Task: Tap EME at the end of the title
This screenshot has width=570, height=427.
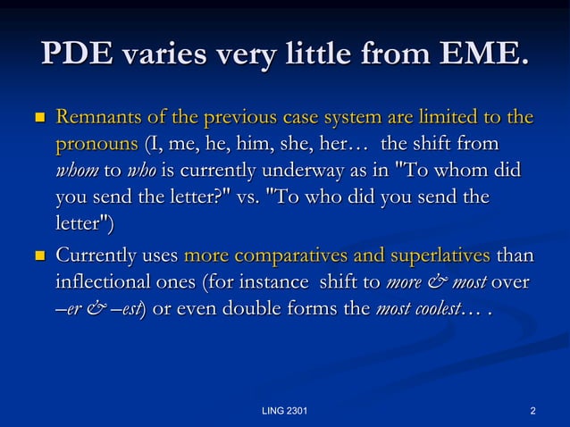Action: click(484, 54)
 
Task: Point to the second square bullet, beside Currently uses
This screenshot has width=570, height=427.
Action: click(38, 257)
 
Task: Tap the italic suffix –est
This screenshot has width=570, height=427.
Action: click(131, 309)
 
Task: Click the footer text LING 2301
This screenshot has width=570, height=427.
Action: click(285, 411)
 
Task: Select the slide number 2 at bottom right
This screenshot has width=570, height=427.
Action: click(532, 411)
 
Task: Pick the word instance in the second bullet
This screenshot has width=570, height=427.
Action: click(266, 283)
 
